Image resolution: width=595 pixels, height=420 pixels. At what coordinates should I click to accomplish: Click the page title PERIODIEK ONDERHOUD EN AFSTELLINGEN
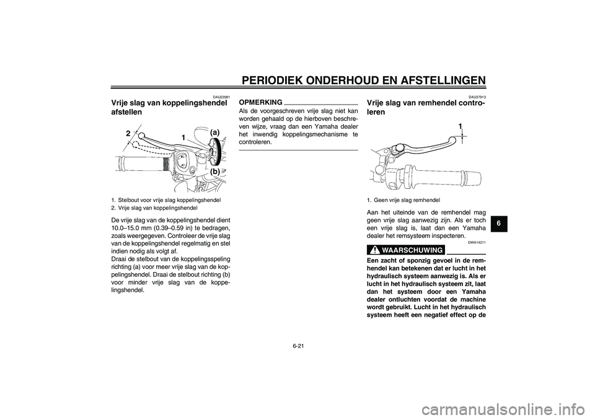tap(362, 80)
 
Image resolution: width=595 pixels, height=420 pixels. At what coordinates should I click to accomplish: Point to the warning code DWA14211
tap(477, 243)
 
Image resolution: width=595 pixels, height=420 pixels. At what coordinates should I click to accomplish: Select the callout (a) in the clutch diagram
tap(214, 132)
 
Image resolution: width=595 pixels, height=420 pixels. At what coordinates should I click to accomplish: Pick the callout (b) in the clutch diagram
tap(214, 171)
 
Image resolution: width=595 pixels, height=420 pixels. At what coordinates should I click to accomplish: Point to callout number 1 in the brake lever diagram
tap(461, 127)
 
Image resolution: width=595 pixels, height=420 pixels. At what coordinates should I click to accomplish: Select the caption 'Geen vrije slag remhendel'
tap(406, 200)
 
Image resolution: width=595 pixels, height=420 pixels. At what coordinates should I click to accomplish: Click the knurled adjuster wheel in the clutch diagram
tap(214, 152)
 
